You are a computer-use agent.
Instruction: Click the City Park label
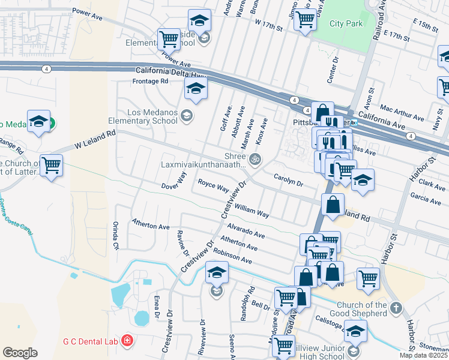(x=346, y=24)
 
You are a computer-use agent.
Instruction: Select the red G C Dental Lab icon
(x=127, y=341)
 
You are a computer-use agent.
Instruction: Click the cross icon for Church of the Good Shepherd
(x=395, y=308)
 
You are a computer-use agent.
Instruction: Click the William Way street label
(x=252, y=209)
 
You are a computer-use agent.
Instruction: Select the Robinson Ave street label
(x=232, y=256)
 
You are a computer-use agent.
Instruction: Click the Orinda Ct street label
(x=115, y=235)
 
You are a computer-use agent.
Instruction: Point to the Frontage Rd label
(x=151, y=81)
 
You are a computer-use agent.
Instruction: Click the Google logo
(x=20, y=352)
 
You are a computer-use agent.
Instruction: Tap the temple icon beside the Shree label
(x=255, y=159)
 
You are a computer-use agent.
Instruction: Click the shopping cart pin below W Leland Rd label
(x=51, y=164)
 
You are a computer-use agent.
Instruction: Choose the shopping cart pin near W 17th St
(x=306, y=20)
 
